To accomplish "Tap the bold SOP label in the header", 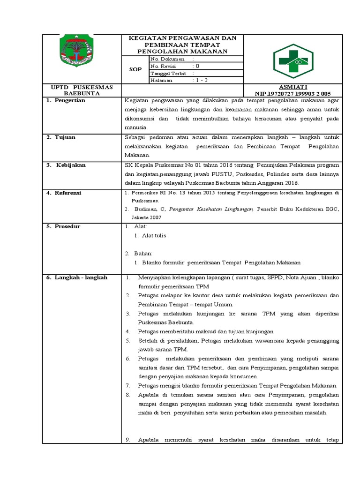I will click(135, 69).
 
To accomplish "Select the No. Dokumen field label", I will click(167, 59).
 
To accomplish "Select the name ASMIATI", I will click(293, 87).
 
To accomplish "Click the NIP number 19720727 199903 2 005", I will click(293, 93).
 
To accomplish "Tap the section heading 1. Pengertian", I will click(66, 101).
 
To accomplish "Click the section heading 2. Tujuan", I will click(61, 137).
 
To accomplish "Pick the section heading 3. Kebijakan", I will click(67, 165).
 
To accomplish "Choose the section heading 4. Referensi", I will click(65, 193).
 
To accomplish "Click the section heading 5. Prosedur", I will click(64, 226).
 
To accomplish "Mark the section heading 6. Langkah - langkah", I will click(77, 277).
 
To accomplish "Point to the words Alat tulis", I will click(154, 236).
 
